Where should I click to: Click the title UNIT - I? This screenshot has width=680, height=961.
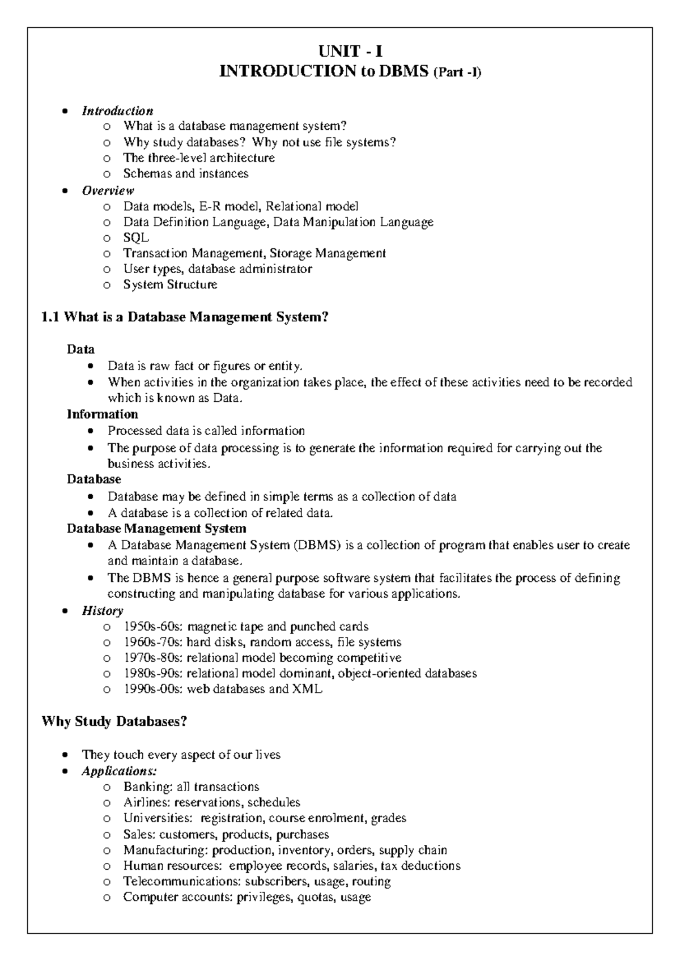pos(350,52)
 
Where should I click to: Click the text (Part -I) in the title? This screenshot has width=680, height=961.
pos(457,73)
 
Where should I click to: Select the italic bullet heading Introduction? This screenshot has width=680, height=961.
pos(117,111)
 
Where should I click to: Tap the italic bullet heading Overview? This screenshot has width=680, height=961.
pos(108,190)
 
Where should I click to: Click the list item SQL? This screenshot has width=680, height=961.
pos(136,238)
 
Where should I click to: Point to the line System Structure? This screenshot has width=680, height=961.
pos(170,285)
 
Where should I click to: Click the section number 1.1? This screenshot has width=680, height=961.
pos(50,317)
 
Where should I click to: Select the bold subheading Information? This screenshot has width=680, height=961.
pos(102,414)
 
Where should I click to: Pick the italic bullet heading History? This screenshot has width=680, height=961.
pos(102,611)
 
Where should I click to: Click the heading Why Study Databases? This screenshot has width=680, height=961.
pos(114,722)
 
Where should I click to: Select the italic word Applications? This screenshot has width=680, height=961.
pos(119,771)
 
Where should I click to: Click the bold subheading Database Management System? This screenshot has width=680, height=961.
pos(156,529)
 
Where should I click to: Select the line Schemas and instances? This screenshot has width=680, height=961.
pos(185,174)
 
